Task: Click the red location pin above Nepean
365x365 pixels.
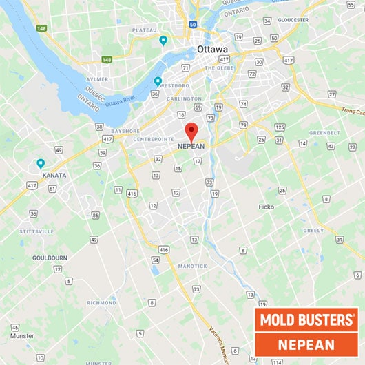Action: pyautogui.click(x=192, y=131)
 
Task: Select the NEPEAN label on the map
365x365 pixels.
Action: pyautogui.click(x=191, y=147)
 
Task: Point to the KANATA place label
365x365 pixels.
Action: pyautogui.click(x=54, y=176)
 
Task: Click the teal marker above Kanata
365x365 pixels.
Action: pyautogui.click(x=41, y=164)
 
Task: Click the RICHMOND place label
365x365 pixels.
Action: pyautogui.click(x=101, y=303)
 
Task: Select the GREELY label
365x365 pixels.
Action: pyautogui.click(x=313, y=231)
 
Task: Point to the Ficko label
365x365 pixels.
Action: pyautogui.click(x=266, y=206)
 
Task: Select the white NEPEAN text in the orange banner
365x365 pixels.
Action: pyautogui.click(x=306, y=344)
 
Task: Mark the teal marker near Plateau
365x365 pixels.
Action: pyautogui.click(x=163, y=40)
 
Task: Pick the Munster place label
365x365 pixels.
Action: pyautogui.click(x=22, y=336)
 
